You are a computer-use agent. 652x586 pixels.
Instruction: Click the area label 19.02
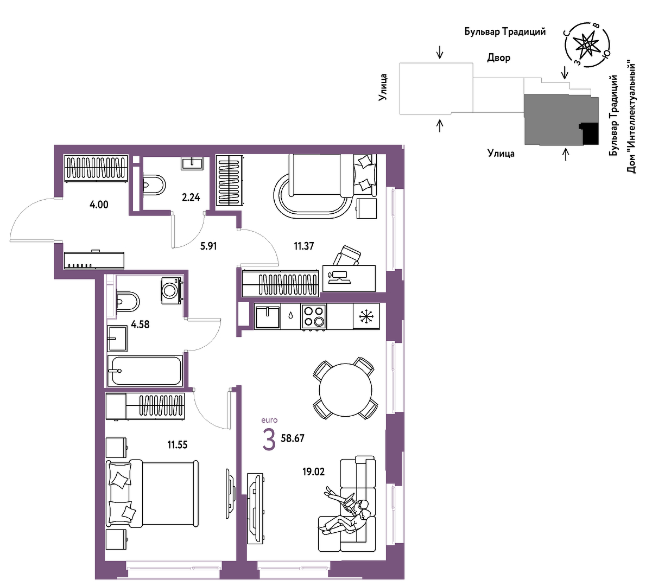(x=313, y=472)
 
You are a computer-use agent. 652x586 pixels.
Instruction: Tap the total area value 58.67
(x=293, y=438)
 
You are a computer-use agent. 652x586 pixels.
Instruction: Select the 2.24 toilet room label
(x=191, y=198)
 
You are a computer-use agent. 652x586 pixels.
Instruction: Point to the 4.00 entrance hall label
(x=99, y=205)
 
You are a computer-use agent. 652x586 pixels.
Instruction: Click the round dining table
(x=345, y=391)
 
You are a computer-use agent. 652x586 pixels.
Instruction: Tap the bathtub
(x=144, y=371)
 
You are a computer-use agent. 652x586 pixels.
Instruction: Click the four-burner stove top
(x=314, y=316)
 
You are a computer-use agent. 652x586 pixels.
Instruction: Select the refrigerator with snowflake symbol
(x=366, y=316)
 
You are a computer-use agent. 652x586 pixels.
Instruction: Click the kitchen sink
(x=268, y=316)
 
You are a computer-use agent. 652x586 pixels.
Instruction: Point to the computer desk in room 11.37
(x=349, y=278)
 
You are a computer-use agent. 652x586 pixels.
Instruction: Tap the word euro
(x=269, y=421)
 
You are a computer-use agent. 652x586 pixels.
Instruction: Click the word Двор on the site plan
(x=498, y=58)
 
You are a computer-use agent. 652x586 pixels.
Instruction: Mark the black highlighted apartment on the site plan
(x=590, y=133)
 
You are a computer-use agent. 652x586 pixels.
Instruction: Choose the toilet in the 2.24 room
(x=154, y=185)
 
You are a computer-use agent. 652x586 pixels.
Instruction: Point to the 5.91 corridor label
(x=208, y=246)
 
